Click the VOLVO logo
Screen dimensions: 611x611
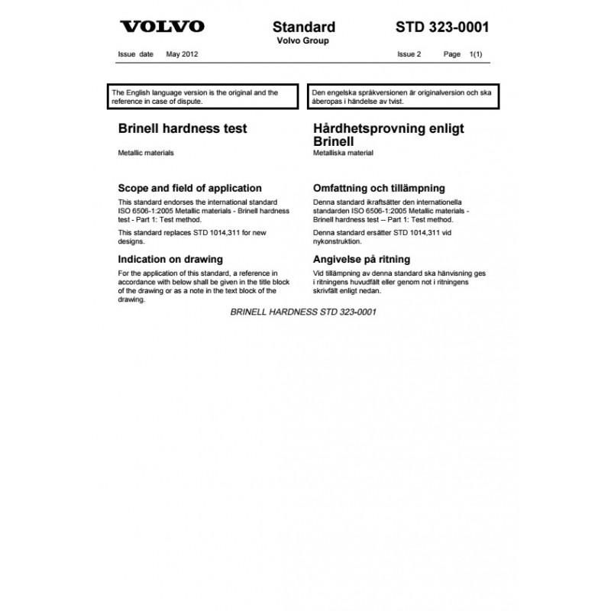pos(162,27)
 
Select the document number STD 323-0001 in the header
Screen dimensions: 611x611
pos(443,27)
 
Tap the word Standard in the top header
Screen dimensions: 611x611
pos(304,27)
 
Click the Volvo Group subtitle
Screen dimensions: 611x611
pos(303,41)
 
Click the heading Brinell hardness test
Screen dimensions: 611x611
pos(183,128)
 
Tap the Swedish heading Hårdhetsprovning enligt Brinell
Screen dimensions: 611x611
pos(389,134)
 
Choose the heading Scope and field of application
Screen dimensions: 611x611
pos(190,188)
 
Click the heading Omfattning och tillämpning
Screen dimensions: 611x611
pos(380,188)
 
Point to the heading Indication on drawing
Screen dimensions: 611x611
pos(170,259)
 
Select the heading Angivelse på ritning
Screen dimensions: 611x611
pos(362,259)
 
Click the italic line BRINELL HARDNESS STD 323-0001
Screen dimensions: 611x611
pos(303,312)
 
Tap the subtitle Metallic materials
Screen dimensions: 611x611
pos(146,153)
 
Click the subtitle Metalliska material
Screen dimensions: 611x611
pos(344,153)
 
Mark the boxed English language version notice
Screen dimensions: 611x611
pos(203,96)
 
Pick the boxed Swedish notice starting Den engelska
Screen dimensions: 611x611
pos(403,96)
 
